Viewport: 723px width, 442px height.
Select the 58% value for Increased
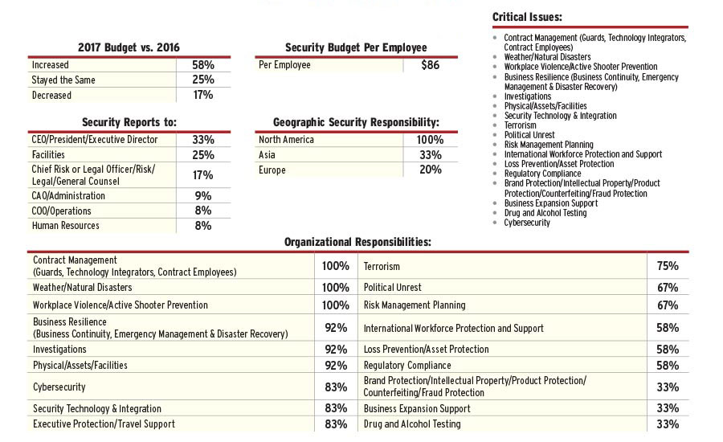coord(202,64)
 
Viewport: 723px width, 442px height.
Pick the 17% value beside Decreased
coord(202,95)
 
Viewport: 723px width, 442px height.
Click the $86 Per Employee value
coord(431,65)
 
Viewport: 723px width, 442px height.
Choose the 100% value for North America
coord(430,140)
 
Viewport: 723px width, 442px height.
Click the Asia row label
coord(268,155)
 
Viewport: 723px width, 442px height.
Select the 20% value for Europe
coord(431,170)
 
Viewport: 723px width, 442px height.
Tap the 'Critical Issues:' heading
coord(527,17)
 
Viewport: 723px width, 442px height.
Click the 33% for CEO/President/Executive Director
coord(202,140)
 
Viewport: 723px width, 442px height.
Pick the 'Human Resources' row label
coord(66,226)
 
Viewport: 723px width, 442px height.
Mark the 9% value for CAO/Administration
coord(202,195)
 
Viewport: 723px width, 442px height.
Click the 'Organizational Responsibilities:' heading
coord(358,241)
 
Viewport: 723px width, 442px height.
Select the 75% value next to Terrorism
coord(668,266)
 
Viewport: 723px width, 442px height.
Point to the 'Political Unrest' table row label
coord(392,287)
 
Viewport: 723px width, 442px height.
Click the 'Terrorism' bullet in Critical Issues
coord(520,125)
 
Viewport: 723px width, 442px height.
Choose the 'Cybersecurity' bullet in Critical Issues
coord(527,223)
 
